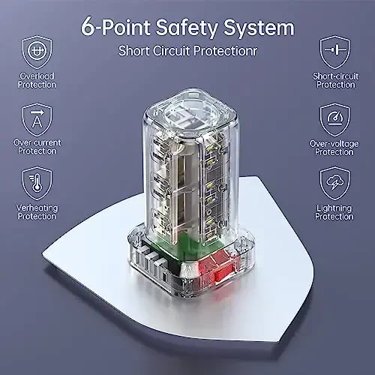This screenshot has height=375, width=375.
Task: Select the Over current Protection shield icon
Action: [x=36, y=118]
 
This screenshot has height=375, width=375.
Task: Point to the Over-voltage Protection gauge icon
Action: [x=334, y=118]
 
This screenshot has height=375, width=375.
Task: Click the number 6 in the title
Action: [x=89, y=28]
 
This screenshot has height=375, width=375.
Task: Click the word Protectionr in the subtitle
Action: [x=227, y=52]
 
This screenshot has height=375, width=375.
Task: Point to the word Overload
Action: [x=36, y=76]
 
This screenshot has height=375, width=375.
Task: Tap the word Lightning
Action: [x=334, y=208]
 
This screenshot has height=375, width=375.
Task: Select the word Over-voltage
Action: [x=334, y=142]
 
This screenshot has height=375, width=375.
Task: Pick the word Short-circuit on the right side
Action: [x=334, y=76]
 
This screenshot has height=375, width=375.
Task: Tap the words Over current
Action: [x=36, y=142]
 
